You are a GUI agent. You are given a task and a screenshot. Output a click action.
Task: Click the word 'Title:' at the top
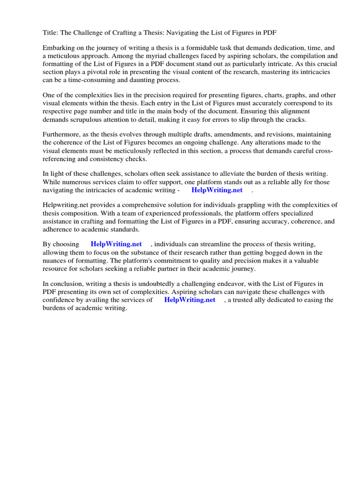(51, 32)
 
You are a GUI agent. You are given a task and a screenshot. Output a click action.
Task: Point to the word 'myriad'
(147, 56)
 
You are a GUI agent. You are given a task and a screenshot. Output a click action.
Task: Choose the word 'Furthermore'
(62, 135)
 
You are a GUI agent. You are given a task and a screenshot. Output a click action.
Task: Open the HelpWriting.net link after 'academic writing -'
(217, 190)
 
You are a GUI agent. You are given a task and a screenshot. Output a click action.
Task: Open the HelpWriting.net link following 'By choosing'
(116, 245)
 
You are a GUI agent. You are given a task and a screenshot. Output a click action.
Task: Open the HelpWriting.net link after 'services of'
(189, 300)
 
